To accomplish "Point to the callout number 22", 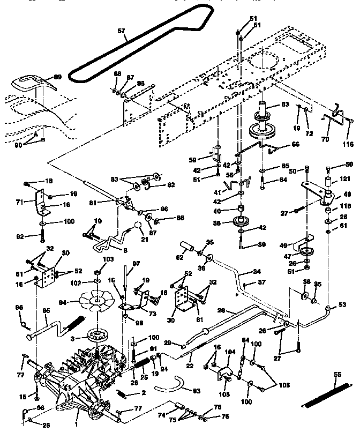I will coord(189,366).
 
